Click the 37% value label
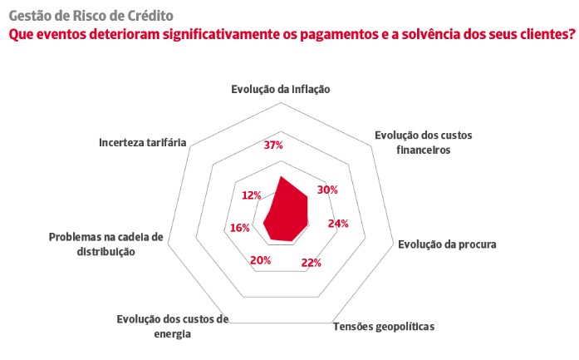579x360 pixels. tap(273, 145)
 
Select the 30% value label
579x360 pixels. tap(328, 190)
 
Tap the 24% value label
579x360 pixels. tap(338, 224)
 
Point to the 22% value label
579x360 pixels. tap(311, 263)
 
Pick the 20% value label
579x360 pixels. tap(260, 261)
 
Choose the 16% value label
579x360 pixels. tap(239, 229)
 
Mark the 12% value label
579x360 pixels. tap(252, 195)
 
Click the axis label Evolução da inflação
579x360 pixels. tap(281, 89)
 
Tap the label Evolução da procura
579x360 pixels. tap(447, 244)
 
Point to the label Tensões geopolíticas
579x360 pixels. tap(384, 325)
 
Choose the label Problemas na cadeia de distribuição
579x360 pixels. tap(105, 244)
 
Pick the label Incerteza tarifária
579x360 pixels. tap(142, 141)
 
